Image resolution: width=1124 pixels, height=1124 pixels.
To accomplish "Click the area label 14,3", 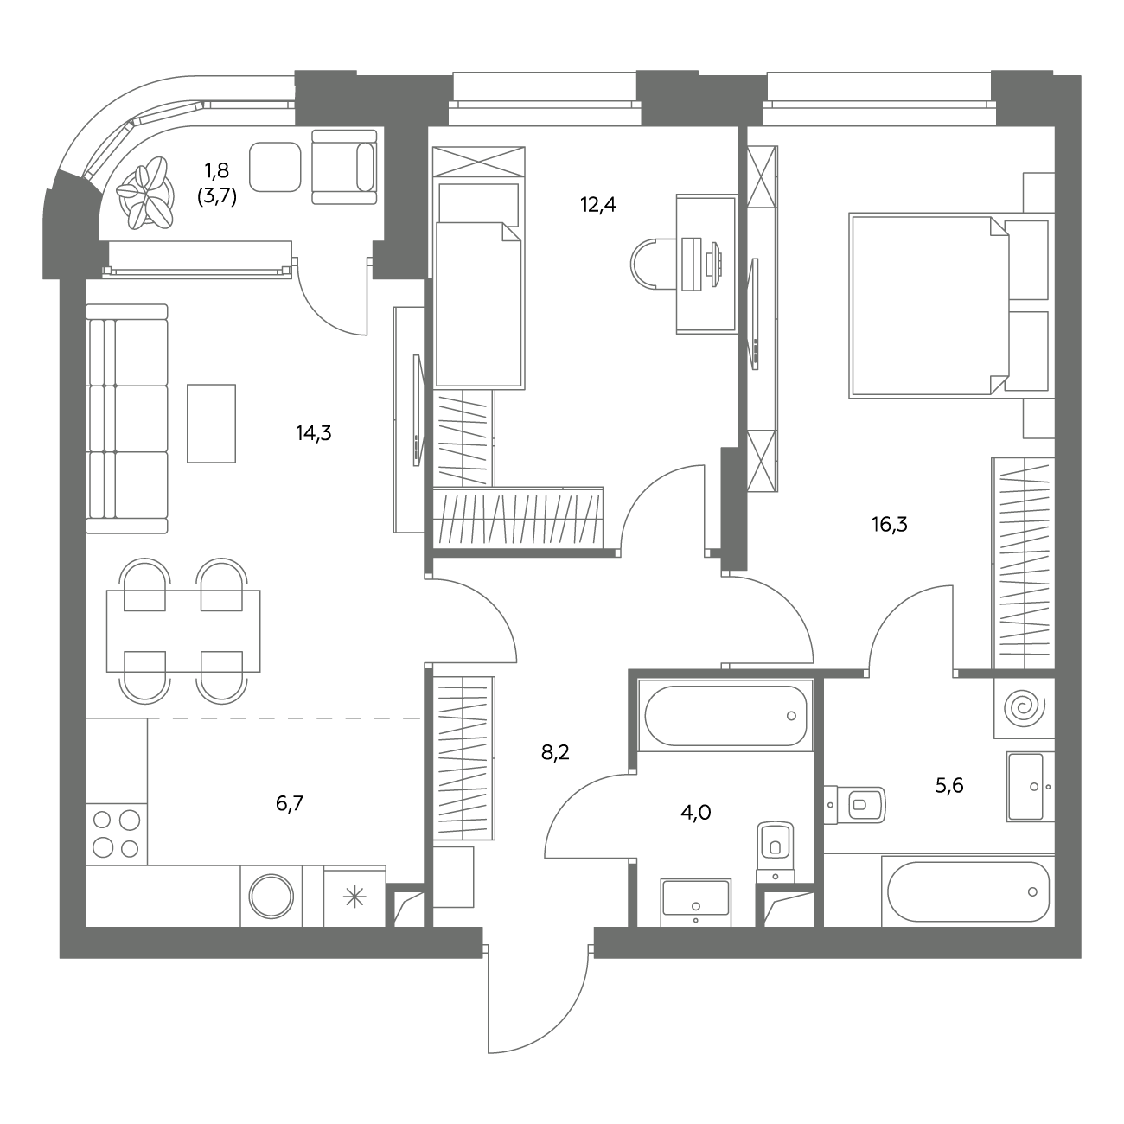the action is pos(313,433).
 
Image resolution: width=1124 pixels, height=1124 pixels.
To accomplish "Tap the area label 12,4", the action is pos(597,205).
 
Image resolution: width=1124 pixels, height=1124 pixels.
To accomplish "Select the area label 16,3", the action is pos(890,524).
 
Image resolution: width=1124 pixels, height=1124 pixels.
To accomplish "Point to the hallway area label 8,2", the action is pos(555,752).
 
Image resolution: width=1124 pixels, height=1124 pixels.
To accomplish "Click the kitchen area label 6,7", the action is pos(290,803).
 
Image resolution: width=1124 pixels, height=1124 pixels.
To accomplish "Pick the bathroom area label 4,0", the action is pos(695,811).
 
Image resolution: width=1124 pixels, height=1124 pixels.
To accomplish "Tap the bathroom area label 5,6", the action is pos(949,786).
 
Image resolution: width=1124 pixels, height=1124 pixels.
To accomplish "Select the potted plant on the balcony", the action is pos(145,193).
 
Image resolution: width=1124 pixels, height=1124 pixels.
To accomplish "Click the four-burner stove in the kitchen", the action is pos(116,834).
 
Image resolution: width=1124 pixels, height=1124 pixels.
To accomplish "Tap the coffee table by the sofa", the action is pos(211,424).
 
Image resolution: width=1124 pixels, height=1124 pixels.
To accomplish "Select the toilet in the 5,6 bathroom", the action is pos(854,805).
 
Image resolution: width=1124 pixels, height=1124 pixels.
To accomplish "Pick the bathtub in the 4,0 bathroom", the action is pos(725,716).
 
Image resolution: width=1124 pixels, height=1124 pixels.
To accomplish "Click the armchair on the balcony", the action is pos(344,167).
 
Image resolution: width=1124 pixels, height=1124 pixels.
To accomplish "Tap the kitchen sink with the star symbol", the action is pos(354,897).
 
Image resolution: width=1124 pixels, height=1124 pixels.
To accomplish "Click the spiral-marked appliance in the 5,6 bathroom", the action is pos(1024,707).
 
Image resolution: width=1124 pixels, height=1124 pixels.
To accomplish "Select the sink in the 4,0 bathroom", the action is pos(695,903).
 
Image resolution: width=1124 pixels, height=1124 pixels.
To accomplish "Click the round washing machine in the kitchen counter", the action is pos(271,896).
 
